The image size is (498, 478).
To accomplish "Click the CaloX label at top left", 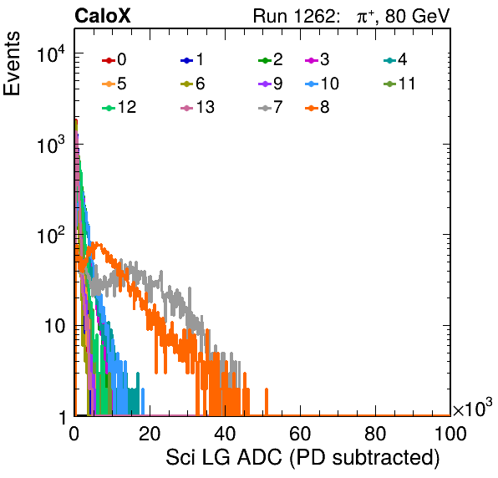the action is coord(103,16).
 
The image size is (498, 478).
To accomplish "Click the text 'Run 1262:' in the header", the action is coord(294,16).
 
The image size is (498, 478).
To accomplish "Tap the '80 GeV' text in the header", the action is coord(417,16).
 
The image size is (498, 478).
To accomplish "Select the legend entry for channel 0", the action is coord(114,59).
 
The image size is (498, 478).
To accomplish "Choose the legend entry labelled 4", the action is coord(395,59).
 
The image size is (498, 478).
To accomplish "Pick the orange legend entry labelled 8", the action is coord(318,108).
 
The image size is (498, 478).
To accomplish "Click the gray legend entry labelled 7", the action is coord(271,108).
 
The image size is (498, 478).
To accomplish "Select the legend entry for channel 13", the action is coord(197,108).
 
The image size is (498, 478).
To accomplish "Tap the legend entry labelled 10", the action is coord(322,84).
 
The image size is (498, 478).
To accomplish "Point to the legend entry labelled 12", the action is coord(119,108).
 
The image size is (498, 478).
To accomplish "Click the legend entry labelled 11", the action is coord(399,84).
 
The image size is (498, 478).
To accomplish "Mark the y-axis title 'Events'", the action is coord(12,64).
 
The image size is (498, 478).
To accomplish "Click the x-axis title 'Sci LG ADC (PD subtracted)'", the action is coord(302,458).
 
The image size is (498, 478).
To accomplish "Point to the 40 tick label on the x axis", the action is coord(225,434).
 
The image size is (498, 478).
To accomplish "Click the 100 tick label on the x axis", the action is coord(450,434).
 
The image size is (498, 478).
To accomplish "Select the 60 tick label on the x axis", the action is coord(300,434).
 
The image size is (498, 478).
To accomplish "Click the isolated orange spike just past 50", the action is coord(267,402).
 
